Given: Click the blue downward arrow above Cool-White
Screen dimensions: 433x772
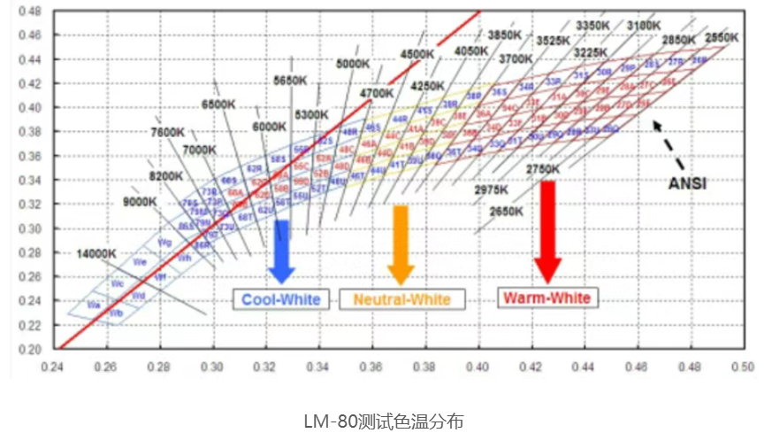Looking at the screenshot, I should (282, 251).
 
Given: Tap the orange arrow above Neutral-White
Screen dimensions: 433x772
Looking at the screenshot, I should (401, 244).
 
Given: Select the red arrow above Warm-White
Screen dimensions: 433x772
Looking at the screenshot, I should (547, 229).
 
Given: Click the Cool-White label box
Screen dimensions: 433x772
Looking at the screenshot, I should (281, 298).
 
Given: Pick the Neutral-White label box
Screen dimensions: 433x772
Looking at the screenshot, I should (401, 299).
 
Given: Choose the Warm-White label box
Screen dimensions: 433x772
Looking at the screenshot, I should (546, 298).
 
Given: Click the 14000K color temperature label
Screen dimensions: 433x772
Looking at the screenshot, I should (96, 253).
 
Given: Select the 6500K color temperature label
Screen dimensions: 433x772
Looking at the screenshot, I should (218, 104).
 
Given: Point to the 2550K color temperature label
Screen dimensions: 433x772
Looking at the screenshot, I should (722, 37).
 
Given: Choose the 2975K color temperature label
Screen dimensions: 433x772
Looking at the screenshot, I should (490, 189).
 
